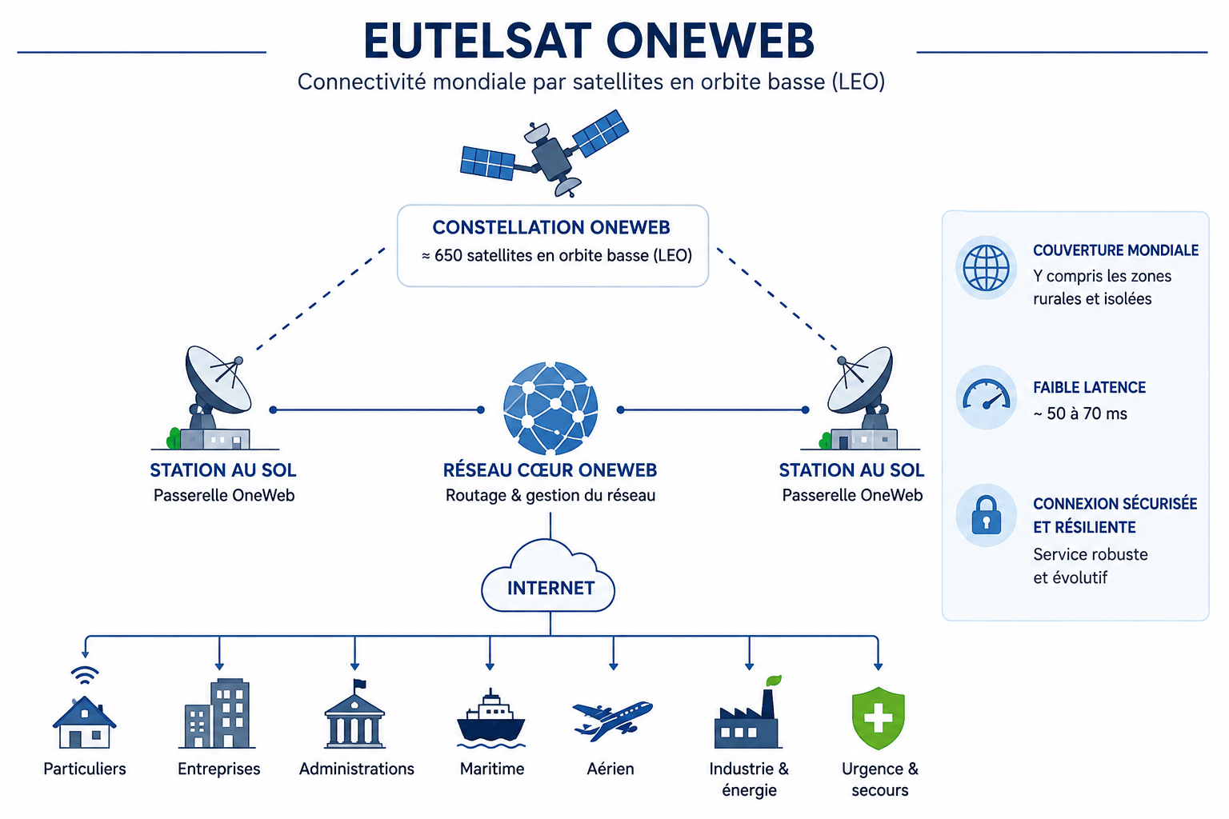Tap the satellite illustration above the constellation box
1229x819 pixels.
click(x=544, y=153)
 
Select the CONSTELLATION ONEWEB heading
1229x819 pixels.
click(x=551, y=228)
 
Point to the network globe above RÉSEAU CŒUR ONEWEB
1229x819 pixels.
click(x=550, y=409)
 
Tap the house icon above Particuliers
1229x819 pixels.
click(x=85, y=722)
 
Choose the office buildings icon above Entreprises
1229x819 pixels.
click(x=218, y=713)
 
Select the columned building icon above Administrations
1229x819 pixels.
click(x=355, y=715)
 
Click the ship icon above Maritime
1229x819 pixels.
click(x=491, y=720)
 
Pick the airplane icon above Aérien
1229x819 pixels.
click(x=612, y=720)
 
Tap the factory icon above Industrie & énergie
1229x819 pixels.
click(x=748, y=713)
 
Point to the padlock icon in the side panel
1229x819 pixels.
click(x=987, y=516)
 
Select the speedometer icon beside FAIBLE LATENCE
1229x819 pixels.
click(x=987, y=395)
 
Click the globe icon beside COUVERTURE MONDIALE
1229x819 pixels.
click(x=987, y=268)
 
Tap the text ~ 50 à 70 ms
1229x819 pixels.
click(x=1079, y=413)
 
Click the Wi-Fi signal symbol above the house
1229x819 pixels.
click(x=85, y=675)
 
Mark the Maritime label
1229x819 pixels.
click(x=492, y=769)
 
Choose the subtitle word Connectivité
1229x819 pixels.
click(x=362, y=82)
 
